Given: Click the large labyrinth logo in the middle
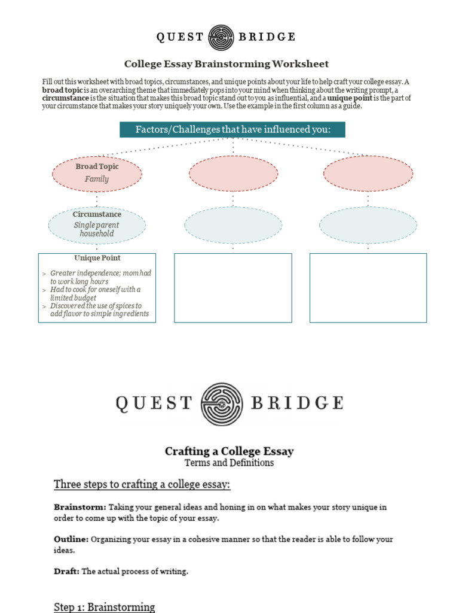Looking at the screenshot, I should pos(222,403).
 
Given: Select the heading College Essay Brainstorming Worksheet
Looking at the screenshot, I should pos(226,64).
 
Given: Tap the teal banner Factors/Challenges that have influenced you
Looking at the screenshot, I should pos(232,129).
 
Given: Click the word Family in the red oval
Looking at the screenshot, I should pos(97,179).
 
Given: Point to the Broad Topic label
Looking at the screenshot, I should pos(97,166).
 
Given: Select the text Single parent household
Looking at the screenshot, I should pos(97,229).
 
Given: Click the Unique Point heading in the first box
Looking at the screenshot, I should pos(97,258).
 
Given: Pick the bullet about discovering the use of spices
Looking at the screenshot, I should pos(99,310).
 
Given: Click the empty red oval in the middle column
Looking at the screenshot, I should pos(233,174).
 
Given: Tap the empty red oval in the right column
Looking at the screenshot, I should pos(368,173).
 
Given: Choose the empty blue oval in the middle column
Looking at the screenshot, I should pos(233,226).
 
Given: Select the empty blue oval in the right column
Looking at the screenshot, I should pos(368,226).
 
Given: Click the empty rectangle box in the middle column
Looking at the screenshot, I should pos(232,288).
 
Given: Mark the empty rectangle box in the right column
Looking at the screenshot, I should pos(368,288).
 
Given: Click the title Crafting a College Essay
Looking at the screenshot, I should pos(229,451).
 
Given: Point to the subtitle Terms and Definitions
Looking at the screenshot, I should pos(229,463).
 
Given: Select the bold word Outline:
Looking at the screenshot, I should pos(71,539).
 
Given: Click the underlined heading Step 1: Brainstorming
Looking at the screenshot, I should pos(104,607).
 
